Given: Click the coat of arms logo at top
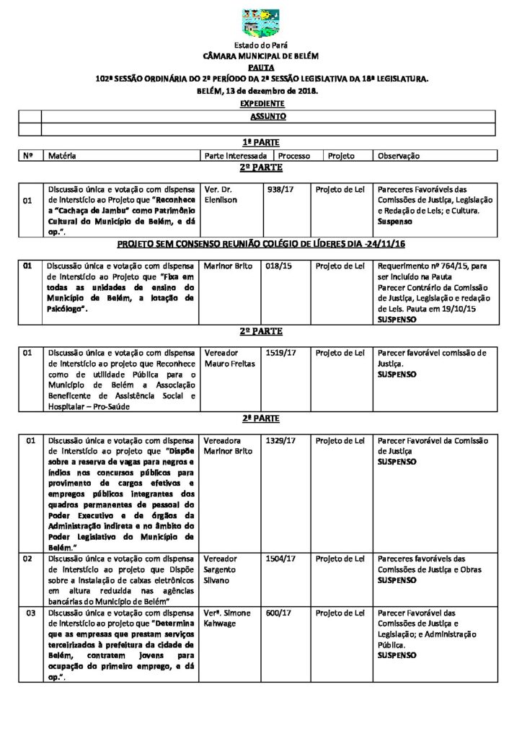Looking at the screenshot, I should click(260, 24).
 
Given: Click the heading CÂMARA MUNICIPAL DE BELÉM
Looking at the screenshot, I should click(260, 56).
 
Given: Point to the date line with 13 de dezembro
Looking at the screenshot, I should click(260, 92).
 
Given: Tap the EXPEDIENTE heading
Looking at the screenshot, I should click(260, 104).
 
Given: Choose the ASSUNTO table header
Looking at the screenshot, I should click(267, 115).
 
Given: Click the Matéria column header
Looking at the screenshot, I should click(63, 155).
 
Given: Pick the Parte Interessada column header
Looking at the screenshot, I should click(236, 155).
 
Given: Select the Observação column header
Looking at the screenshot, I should click(399, 155).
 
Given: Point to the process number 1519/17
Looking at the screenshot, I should click(280, 353).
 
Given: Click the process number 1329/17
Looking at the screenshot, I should click(280, 440).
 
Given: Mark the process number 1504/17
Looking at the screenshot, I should click(280, 559).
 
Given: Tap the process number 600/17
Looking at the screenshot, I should click(277, 613).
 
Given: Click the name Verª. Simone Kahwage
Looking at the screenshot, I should click(228, 618).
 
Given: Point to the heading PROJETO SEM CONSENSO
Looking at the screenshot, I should click(260, 245).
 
